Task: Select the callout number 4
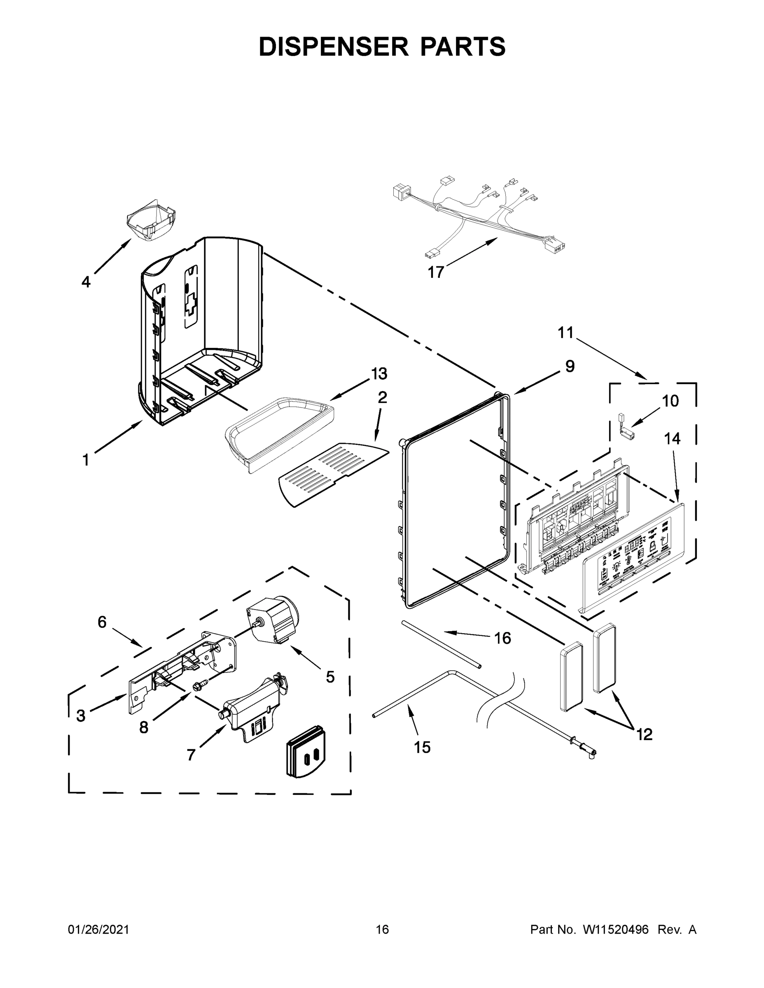[86, 282]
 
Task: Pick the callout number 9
[569, 366]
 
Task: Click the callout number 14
[672, 438]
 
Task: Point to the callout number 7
[191, 755]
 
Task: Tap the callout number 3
[81, 715]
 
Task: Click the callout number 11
[565, 333]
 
